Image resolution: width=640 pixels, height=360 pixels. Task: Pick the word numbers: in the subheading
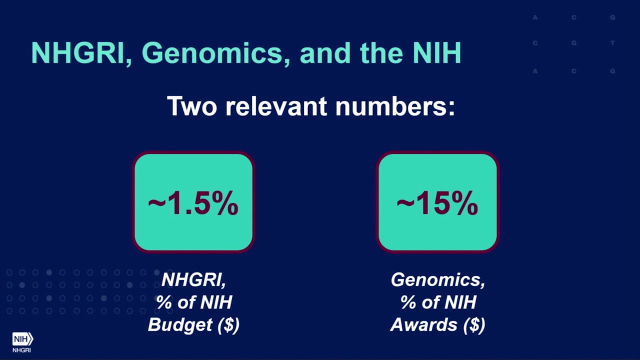[395, 106]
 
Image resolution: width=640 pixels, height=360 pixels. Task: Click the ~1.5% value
[193, 204]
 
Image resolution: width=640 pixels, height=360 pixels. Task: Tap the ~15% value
[437, 204]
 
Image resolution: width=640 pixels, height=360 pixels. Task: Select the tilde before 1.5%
[156, 203]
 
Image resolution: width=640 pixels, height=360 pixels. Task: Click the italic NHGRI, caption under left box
[193, 280]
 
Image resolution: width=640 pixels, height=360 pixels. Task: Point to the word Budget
[180, 325]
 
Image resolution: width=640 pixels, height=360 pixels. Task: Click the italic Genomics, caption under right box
[437, 280]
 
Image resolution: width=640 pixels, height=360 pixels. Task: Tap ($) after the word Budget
[228, 325]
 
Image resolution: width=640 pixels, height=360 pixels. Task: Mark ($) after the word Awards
[473, 325]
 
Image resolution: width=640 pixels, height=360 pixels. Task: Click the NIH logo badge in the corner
[22, 339]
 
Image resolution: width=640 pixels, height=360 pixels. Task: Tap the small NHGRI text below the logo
[21, 350]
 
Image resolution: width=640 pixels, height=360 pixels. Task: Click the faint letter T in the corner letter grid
[612, 43]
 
